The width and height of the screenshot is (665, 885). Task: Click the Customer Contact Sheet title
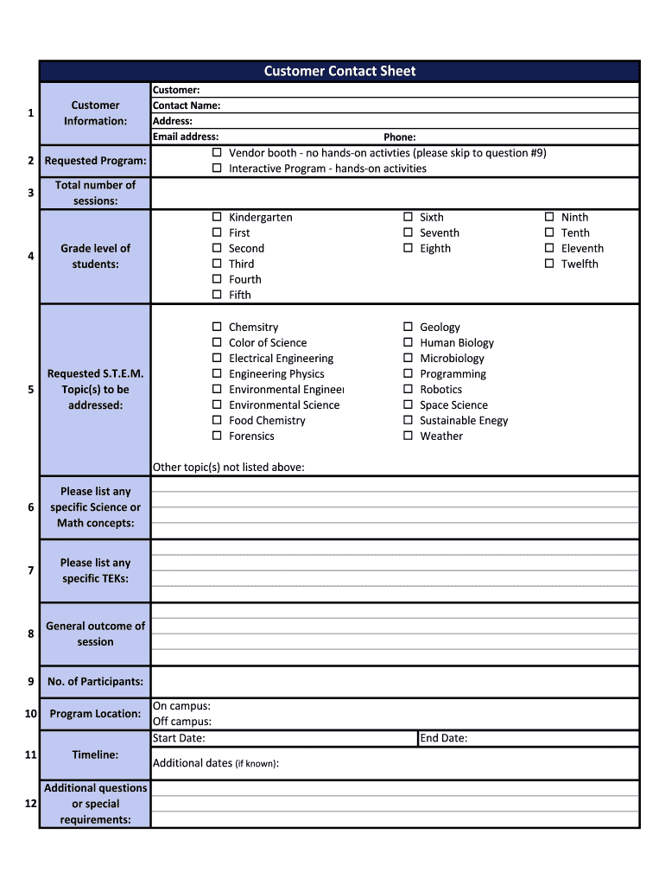[339, 72]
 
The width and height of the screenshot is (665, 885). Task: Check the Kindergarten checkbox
[218, 217]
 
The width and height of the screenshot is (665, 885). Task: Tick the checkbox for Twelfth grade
[549, 264]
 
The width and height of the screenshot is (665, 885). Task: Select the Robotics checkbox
[408, 389]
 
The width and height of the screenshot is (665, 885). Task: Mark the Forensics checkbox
[218, 436]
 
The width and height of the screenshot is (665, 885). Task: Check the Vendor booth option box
[218, 153]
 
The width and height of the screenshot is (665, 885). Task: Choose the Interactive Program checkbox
[218, 169]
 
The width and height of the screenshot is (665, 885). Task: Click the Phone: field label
[400, 137]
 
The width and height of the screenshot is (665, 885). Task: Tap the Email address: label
[186, 137]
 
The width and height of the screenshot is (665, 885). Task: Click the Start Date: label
[179, 738]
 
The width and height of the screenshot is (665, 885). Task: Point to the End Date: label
[443, 738]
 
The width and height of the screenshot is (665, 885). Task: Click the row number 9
[30, 681]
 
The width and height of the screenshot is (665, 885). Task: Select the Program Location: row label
[95, 714]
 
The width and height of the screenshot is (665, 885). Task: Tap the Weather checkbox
[408, 436]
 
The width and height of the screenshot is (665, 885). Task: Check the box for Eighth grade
[408, 248]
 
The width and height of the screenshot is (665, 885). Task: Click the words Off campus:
[182, 722]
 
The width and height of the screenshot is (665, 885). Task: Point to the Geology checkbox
[408, 327]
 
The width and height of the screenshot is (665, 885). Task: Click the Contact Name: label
[187, 105]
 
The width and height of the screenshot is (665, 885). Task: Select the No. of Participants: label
[95, 682]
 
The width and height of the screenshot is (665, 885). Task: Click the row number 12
[30, 803]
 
